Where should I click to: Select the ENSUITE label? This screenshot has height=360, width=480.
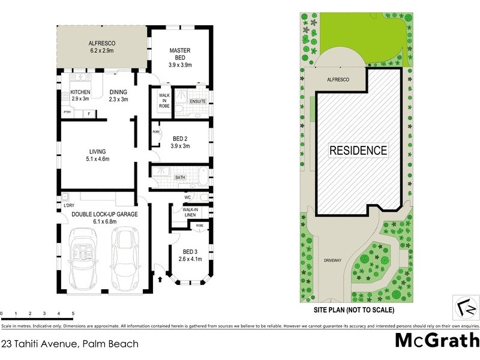click(x=198, y=101)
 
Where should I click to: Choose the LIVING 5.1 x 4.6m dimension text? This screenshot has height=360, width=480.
click(x=98, y=155)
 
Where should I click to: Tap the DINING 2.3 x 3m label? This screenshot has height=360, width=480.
click(x=118, y=95)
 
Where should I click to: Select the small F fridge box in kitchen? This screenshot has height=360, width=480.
click(x=89, y=113)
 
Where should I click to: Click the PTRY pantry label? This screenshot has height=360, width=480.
click(x=67, y=113)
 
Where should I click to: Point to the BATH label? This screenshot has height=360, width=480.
click(x=180, y=178)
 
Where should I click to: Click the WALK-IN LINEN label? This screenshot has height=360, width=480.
click(x=191, y=212)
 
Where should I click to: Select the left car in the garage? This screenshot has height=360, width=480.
click(x=87, y=258)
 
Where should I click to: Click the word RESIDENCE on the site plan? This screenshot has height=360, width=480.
click(x=358, y=150)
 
